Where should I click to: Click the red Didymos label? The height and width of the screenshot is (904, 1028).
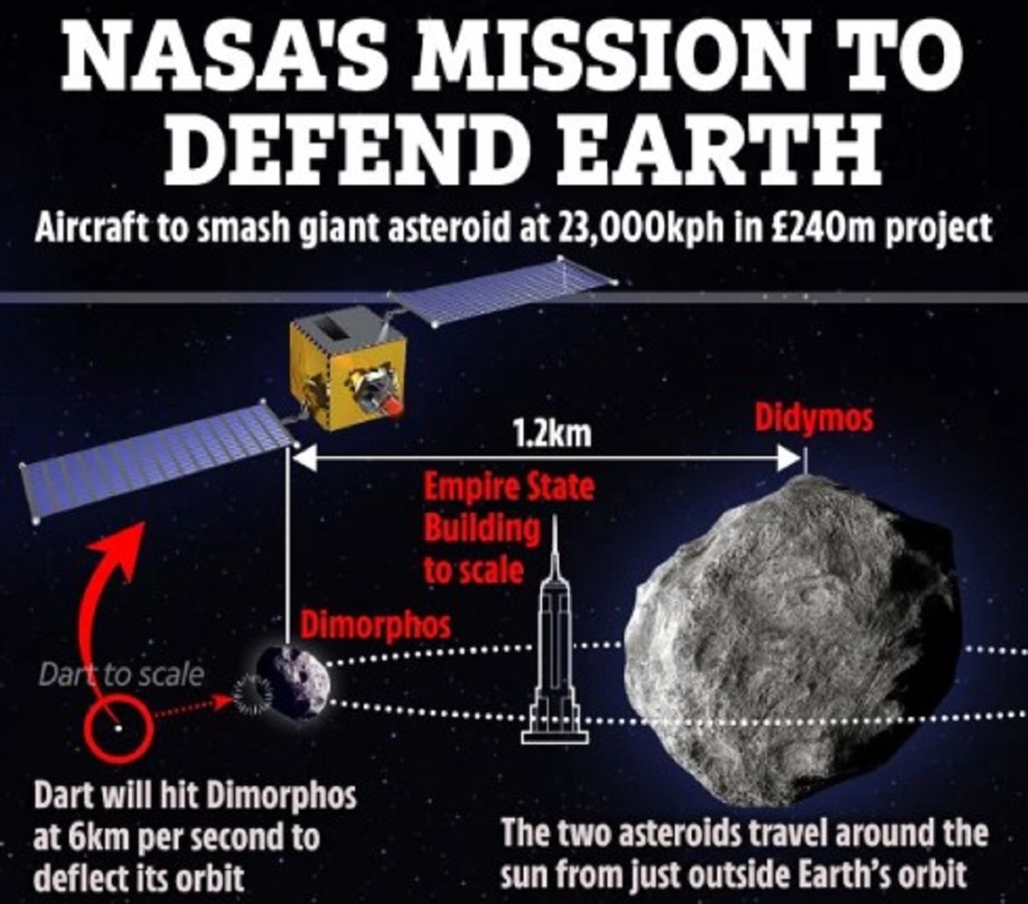pyautogui.click(x=814, y=419)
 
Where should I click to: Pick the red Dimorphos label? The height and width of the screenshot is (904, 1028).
pyautogui.click(x=376, y=624)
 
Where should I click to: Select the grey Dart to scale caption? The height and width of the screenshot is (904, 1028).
pyautogui.click(x=120, y=674)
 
